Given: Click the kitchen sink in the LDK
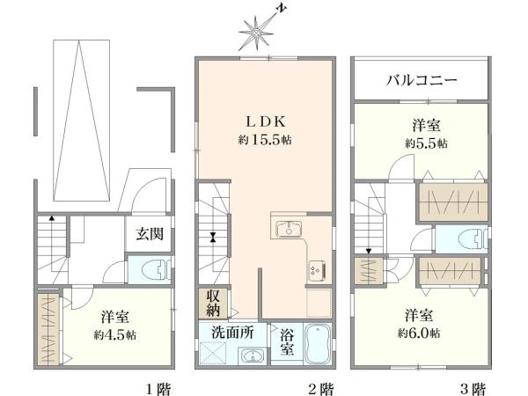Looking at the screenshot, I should coord(289,230).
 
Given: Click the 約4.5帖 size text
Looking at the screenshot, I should coord(117,335).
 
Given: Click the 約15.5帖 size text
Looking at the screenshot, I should coord(264,139).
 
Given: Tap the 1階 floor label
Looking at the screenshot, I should coord(158,386).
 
